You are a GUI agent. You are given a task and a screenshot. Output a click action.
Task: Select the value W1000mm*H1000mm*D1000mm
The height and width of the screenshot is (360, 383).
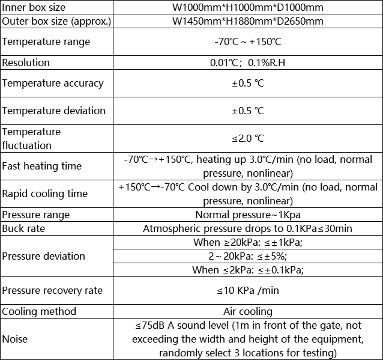(248, 8)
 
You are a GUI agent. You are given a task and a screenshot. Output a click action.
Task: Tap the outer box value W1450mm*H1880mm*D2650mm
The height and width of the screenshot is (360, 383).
(248, 22)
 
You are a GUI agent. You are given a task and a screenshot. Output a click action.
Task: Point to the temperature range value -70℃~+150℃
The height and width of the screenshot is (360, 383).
(248, 42)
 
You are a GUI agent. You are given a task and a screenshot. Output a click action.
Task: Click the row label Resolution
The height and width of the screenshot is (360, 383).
(26, 63)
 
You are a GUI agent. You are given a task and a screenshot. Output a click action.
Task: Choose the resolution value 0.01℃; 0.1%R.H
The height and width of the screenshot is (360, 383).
(248, 63)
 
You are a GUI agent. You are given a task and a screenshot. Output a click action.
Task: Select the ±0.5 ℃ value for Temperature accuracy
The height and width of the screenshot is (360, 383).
(248, 83)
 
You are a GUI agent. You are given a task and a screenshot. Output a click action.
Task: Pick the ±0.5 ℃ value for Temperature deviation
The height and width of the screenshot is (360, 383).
(248, 111)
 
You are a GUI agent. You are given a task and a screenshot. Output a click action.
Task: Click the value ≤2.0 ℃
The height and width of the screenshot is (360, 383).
(248, 138)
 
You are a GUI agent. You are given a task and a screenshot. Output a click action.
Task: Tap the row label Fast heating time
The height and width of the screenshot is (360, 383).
(42, 166)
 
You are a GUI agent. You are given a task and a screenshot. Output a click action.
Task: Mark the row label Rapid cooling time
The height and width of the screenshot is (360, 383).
(45, 194)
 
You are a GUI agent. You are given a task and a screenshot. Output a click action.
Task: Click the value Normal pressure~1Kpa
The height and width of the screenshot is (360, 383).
(248, 215)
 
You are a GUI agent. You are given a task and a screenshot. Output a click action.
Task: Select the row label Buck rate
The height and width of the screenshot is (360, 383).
(23, 228)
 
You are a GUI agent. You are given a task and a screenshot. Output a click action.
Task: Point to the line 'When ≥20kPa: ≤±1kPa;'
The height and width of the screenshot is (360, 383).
(248, 242)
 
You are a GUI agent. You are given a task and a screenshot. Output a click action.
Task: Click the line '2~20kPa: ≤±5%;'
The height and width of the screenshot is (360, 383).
(248, 256)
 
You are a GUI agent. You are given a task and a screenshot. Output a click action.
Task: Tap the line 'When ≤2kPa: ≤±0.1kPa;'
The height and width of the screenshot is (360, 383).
(248, 270)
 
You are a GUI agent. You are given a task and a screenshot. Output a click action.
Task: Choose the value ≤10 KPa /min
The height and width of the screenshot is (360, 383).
(248, 290)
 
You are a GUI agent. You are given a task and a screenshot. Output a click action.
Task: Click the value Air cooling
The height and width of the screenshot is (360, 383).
(248, 311)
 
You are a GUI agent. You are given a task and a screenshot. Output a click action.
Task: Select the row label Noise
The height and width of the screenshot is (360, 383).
(15, 339)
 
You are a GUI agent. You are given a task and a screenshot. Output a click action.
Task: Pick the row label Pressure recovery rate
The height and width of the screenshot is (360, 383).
(52, 290)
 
